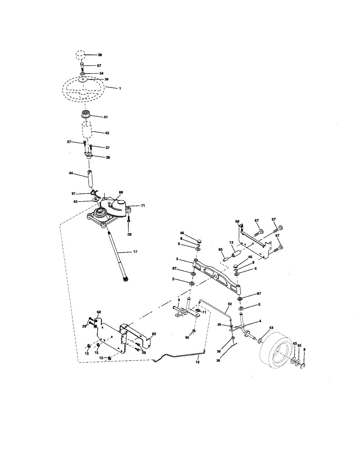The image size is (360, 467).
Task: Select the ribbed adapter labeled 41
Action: [x=86, y=116]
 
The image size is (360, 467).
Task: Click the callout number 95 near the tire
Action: [x=299, y=345]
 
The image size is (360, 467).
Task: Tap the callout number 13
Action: [x=231, y=242]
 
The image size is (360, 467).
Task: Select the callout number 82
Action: [x=154, y=334]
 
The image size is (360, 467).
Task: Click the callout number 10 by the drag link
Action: [x=197, y=362]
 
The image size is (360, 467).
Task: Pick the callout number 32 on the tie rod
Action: [x=230, y=304]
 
